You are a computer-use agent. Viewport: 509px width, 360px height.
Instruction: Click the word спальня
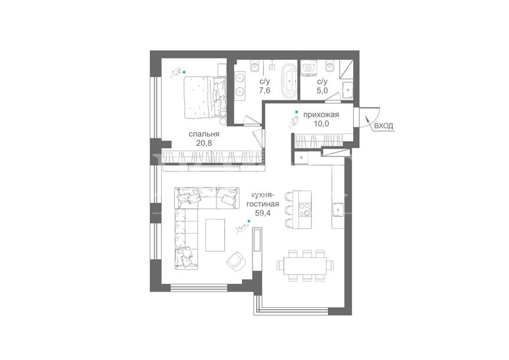point(204,134)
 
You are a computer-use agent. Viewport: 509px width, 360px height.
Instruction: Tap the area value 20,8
point(204,143)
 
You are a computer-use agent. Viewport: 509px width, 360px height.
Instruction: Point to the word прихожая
point(321,114)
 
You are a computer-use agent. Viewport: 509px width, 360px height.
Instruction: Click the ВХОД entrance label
point(384,126)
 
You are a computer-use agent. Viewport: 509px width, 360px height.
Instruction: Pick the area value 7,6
point(265,90)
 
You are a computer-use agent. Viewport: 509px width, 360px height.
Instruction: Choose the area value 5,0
point(322,90)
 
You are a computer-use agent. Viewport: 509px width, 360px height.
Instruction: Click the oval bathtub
point(288,81)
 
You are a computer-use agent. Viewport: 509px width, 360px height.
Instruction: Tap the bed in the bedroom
point(205,97)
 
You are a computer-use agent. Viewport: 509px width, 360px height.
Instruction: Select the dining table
point(304,266)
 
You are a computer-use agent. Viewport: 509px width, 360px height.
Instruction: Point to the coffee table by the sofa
point(215,234)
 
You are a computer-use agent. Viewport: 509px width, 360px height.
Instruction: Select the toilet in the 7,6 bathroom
point(255,66)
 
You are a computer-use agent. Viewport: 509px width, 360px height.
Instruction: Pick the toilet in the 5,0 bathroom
point(330,66)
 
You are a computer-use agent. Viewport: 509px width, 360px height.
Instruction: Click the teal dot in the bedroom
point(184,72)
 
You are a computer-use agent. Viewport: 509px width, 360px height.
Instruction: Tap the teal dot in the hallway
point(296,112)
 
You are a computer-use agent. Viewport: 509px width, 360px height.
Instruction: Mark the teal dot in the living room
point(249,221)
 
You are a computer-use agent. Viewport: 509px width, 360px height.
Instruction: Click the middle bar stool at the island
point(288,210)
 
